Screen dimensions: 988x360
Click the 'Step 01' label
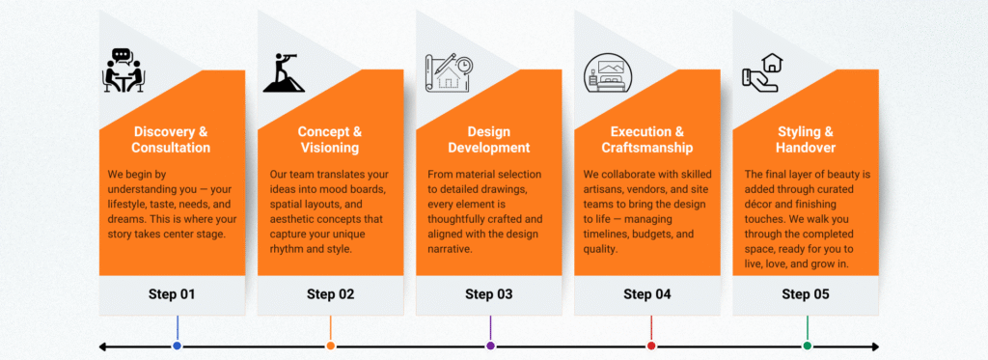point(172,294)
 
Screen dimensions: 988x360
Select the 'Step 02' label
point(331,294)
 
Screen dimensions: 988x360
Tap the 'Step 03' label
point(489,294)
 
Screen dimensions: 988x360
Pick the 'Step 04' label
point(647,294)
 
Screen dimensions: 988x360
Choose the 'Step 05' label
point(806,294)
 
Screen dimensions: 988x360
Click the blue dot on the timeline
point(178,346)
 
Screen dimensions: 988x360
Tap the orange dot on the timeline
point(331,346)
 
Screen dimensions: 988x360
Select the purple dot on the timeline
point(490,346)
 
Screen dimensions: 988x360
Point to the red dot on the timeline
point(651,346)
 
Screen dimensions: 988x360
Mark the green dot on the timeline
point(808,346)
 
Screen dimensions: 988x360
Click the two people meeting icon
point(123,70)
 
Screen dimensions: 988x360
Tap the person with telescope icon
point(285,71)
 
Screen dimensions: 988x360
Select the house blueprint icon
point(449,72)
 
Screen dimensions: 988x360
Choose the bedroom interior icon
point(606,73)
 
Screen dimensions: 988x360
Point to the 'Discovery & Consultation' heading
point(171,140)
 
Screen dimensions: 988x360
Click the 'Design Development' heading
point(489,140)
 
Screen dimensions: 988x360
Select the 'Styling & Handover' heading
point(806,140)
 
